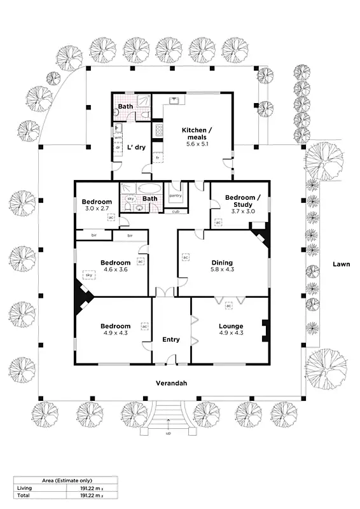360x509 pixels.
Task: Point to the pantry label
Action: [175, 195]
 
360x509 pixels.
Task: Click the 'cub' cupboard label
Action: [175, 211]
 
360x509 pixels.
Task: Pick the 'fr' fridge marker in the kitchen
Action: [157, 158]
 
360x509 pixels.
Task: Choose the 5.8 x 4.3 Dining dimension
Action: [222, 270]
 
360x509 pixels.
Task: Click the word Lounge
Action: [231, 326]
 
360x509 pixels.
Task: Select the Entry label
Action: [171, 340]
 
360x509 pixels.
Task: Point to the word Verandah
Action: [171, 384]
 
